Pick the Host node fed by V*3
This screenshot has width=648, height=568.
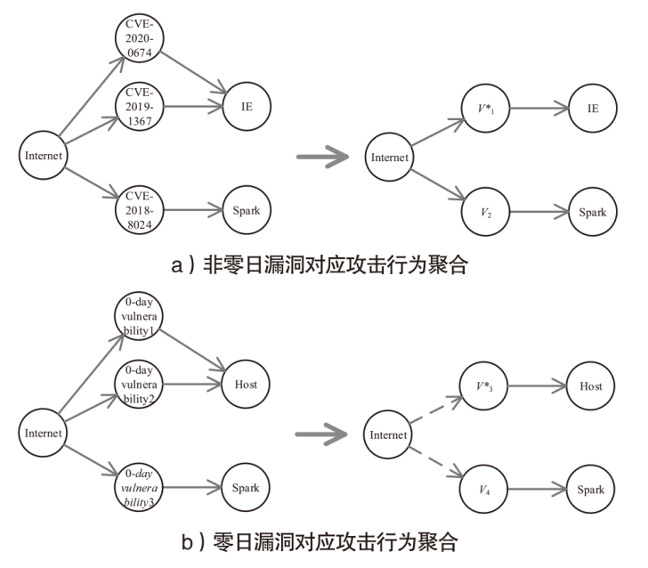(x=592, y=386)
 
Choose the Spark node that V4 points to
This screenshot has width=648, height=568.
(x=592, y=490)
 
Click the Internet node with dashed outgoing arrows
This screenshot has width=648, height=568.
(x=389, y=435)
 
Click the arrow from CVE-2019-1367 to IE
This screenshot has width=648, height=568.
(x=192, y=106)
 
